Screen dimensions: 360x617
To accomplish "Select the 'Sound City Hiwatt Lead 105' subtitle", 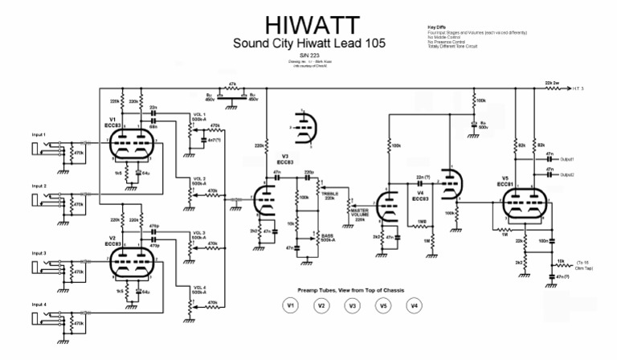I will click(x=308, y=43).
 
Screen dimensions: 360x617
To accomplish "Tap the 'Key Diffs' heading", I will click(x=439, y=27).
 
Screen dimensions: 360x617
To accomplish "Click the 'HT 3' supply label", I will click(x=585, y=88).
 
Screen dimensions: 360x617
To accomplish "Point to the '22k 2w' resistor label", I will click(x=553, y=82).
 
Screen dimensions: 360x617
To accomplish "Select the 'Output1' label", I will click(x=567, y=159).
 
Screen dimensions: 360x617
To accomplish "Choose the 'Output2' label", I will click(x=567, y=174).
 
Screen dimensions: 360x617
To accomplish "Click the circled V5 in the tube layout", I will click(x=383, y=305).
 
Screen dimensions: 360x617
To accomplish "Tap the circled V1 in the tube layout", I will click(x=290, y=305).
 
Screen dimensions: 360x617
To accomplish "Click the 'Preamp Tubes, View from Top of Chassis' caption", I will click(x=352, y=289).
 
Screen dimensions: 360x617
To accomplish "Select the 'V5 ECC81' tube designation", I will click(x=505, y=182).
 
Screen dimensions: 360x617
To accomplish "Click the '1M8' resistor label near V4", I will click(x=421, y=222).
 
